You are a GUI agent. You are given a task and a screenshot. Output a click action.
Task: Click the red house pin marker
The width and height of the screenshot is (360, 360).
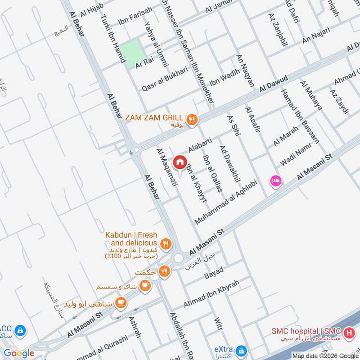[x=180, y=162]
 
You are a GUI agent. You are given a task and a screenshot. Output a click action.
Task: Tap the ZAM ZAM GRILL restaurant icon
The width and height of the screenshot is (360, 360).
[x=193, y=119]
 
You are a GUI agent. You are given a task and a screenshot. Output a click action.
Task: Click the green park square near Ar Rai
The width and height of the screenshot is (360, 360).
[x=133, y=54]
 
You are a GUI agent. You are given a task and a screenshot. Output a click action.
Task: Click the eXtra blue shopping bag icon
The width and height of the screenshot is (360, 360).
[x=242, y=350]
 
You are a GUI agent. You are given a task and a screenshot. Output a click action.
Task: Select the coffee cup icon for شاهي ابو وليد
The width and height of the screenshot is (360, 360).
[x=120, y=302]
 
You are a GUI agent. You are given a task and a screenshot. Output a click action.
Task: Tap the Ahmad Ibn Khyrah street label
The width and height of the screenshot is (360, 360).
[x=211, y=294]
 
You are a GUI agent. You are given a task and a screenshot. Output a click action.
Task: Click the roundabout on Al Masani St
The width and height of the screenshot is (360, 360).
[x=179, y=258]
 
